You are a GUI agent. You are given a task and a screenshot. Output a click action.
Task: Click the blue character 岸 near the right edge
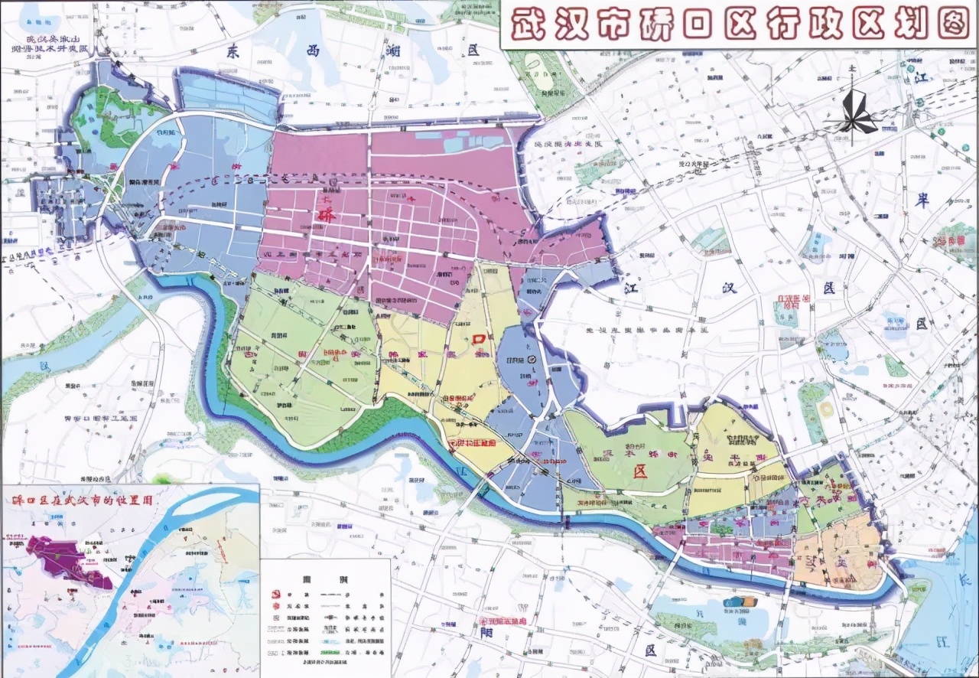click(x=922, y=200)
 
